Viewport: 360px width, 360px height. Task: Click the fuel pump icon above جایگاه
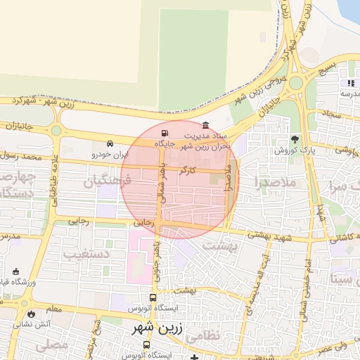[x=165, y=133]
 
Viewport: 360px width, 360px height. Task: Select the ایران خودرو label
[x=111, y=153]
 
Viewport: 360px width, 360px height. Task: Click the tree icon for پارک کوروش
[x=295, y=139]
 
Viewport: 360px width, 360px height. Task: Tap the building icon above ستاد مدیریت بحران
[x=205, y=125]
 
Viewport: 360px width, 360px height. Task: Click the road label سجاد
[x=331, y=113]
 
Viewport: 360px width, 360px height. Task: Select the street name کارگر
[x=188, y=171]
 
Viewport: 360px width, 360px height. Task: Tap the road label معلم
[x=53, y=308]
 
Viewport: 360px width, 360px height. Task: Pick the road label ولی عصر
[x=333, y=347]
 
